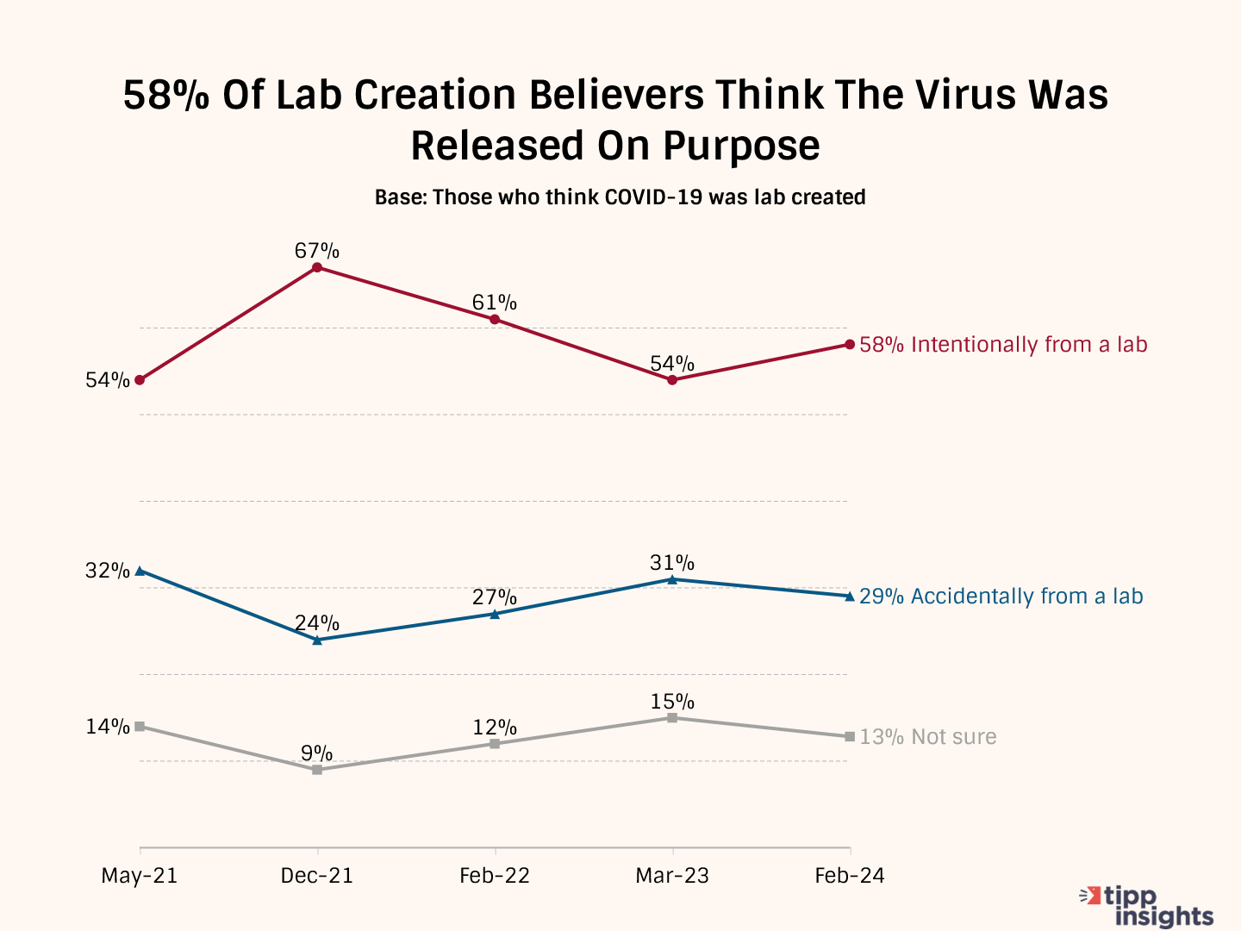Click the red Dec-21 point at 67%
pyautogui.click(x=317, y=267)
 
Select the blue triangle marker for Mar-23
pyautogui.click(x=672, y=579)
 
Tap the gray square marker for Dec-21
pyautogui.click(x=317, y=769)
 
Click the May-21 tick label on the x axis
pyautogui.click(x=140, y=876)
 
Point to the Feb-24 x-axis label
pyautogui.click(x=850, y=876)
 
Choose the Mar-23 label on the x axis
pyautogui.click(x=672, y=876)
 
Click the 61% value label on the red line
pyautogui.click(x=495, y=303)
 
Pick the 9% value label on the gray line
pyautogui.click(x=317, y=753)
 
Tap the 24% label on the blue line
pyautogui.click(x=317, y=623)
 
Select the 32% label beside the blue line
pyautogui.click(x=108, y=571)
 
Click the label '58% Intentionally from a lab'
pyautogui.click(x=1003, y=345)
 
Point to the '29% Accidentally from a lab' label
pyautogui.click(x=1001, y=597)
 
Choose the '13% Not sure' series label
pyautogui.click(x=927, y=737)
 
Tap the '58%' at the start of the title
pyautogui.click(x=165, y=95)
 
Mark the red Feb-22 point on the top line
pyautogui.click(x=495, y=319)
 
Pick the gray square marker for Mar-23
pyautogui.click(x=672, y=717)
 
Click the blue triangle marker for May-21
pyautogui.click(x=140, y=571)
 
